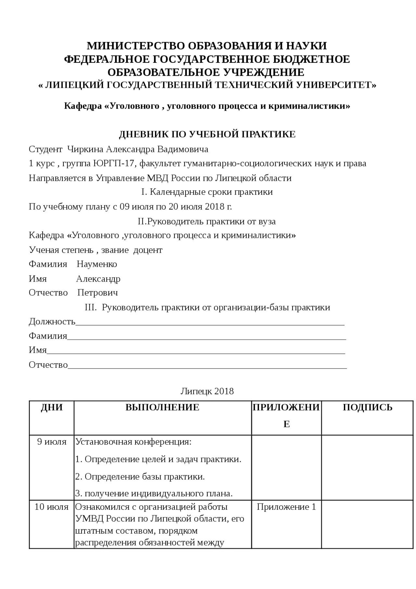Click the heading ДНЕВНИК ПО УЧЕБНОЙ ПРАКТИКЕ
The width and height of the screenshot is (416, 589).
coord(207,134)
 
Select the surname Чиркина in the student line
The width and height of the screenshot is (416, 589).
coord(85,149)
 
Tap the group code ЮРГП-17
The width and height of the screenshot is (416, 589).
coord(113,163)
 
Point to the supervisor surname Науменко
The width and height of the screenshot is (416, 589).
coord(97,264)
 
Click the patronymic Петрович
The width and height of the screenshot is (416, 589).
coord(97,293)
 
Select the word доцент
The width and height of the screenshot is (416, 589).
coord(148,250)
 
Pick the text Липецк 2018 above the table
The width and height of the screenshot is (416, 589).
coord(207,391)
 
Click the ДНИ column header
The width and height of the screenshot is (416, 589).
coord(52,408)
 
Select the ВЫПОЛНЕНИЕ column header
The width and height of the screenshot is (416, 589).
coord(162,408)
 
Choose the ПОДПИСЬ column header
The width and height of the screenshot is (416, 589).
coord(368,408)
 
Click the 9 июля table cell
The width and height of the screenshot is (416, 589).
coord(52,442)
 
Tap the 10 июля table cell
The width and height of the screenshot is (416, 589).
coord(52,507)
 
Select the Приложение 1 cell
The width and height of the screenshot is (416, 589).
coord(286,507)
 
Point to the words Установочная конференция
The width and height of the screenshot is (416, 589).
coord(133,442)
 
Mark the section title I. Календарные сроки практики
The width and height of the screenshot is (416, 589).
coord(207,192)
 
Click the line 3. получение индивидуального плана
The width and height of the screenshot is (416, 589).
coord(154,493)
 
